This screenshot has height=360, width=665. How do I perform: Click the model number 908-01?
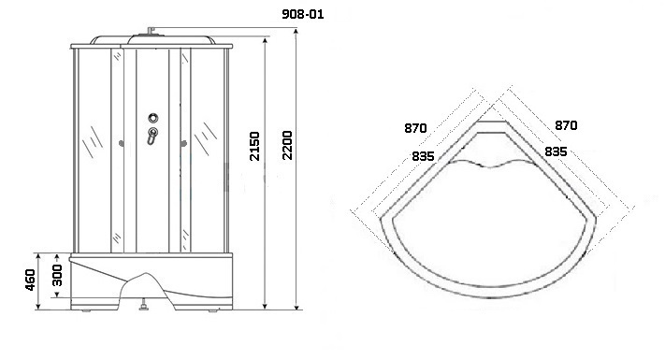coord(303,14)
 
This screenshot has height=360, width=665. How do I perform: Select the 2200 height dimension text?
coord(287,145)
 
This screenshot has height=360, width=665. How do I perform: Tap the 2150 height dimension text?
coord(254,146)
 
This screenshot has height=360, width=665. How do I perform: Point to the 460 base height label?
coord(30,280)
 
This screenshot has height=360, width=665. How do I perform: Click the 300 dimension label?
coord(57,275)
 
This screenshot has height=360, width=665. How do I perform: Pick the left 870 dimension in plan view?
coord(415,127)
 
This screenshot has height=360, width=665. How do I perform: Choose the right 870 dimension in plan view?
coord(566,125)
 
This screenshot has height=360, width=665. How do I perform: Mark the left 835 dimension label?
coord(423,156)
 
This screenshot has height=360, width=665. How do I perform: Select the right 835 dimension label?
coord(556,151)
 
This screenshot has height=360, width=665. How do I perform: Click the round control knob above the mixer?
coord(153,118)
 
